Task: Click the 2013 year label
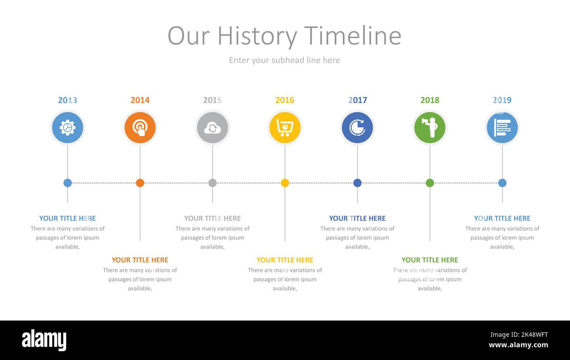point(68,100)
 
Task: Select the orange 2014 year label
point(140,100)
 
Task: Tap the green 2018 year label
point(430,100)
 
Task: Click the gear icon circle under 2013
point(68,128)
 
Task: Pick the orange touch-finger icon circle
point(140,128)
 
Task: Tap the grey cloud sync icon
point(213,128)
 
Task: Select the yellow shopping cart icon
point(285,128)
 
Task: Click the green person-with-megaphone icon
point(430,128)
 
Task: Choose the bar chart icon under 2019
point(502,128)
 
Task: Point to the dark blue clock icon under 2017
point(357,128)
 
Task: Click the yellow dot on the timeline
point(285,183)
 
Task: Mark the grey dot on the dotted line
point(213,183)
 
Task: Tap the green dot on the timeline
point(430,183)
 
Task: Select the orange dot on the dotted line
point(140,183)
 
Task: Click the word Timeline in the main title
point(353,36)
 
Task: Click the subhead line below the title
point(285,61)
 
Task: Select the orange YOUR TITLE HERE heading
point(140,260)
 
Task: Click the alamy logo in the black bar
point(44,340)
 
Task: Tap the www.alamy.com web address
point(518,345)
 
